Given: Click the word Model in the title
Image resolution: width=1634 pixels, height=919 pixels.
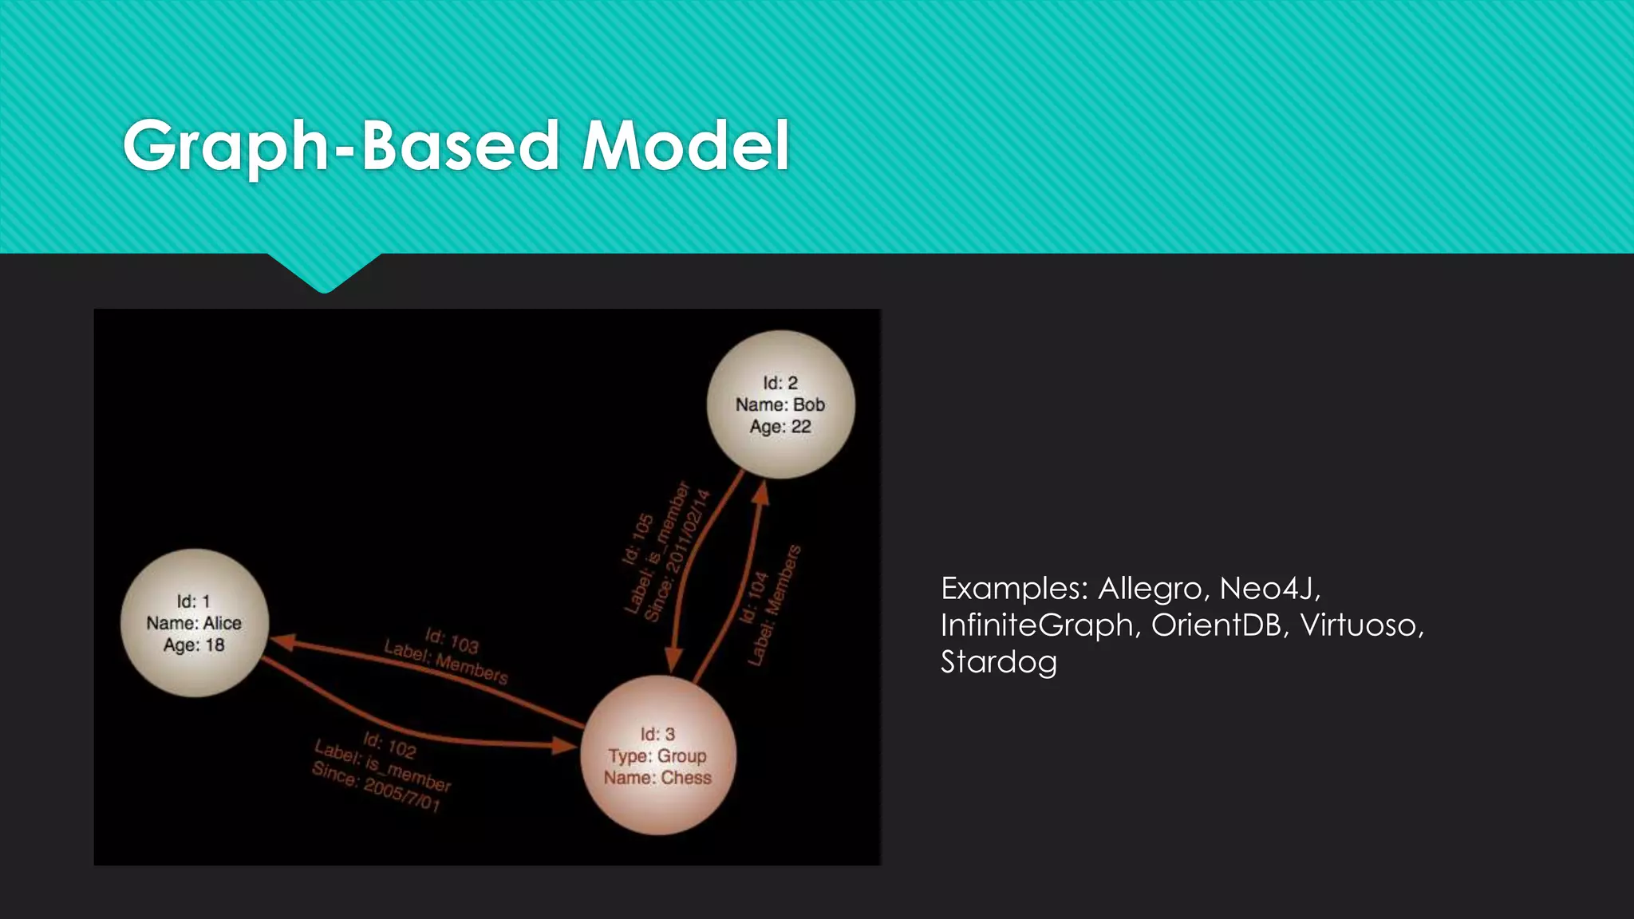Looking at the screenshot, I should click(x=686, y=146).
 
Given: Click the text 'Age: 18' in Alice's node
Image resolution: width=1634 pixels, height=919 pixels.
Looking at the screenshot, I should click(x=194, y=645).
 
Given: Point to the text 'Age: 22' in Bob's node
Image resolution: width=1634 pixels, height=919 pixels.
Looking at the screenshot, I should click(x=780, y=427).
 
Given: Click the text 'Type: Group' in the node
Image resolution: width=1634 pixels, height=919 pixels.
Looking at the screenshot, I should click(x=657, y=755).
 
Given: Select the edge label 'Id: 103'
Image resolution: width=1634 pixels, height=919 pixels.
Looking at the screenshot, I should click(x=452, y=641).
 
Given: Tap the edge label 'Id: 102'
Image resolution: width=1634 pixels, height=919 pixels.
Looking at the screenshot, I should click(x=389, y=745).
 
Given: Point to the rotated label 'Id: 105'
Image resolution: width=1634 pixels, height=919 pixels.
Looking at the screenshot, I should click(x=638, y=540).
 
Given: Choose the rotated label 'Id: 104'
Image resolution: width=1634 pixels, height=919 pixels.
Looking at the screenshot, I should click(x=753, y=598).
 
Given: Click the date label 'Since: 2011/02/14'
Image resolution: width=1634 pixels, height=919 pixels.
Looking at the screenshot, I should click(x=677, y=555).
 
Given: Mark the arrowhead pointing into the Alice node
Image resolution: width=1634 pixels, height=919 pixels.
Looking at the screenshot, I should click(x=283, y=641).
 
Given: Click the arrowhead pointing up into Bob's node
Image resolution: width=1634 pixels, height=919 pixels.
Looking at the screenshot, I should click(x=761, y=493).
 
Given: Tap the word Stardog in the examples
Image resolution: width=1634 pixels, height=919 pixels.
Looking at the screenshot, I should click(x=998, y=662).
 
